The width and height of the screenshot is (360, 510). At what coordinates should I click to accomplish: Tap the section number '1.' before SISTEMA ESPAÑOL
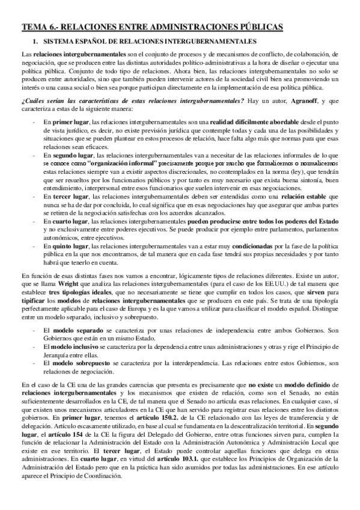point(35,41)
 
